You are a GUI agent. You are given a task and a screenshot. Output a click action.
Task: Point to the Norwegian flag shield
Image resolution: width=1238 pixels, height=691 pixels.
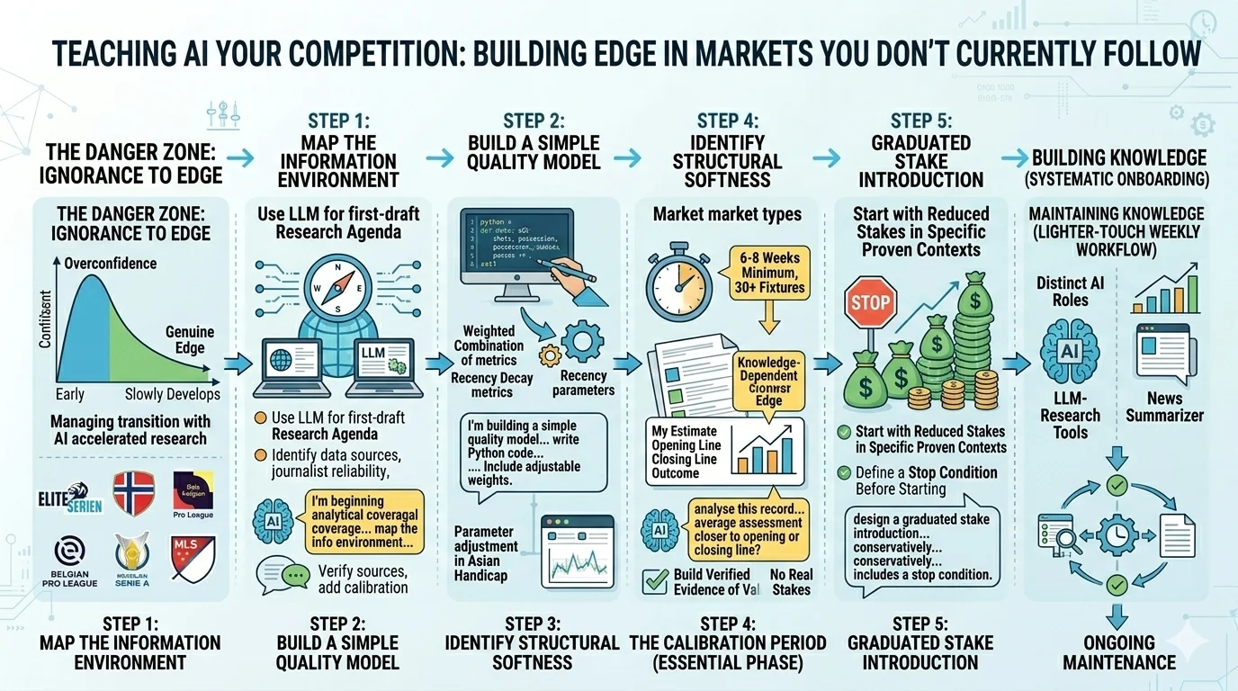134,493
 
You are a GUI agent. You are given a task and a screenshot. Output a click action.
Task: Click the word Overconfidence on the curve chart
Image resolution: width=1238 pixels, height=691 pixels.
111,264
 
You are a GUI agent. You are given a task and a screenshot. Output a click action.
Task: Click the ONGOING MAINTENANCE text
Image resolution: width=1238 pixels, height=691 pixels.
1118,652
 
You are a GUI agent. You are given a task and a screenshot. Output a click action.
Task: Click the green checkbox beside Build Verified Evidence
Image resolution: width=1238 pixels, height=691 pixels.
654,581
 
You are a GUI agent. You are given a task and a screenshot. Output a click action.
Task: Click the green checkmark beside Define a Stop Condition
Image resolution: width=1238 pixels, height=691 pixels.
843,472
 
